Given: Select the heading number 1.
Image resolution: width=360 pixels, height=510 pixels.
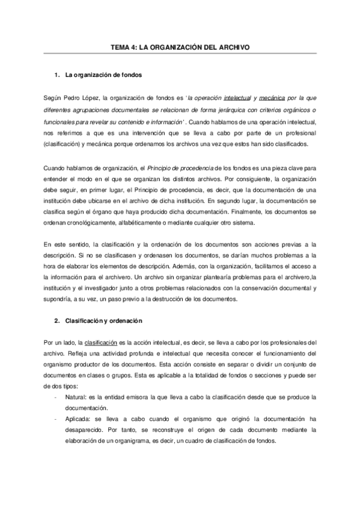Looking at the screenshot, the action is point(56,75).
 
